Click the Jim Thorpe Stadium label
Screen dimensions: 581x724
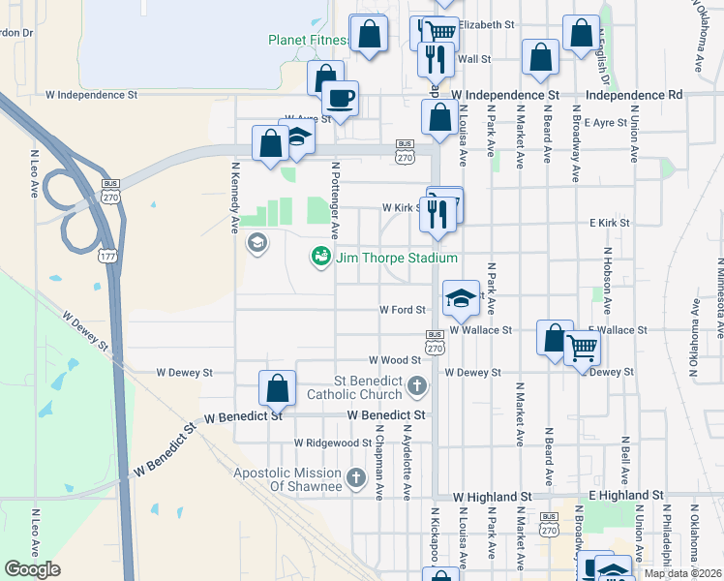pyautogui.click(x=396, y=258)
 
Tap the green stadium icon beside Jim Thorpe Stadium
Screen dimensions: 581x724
pyautogui.click(x=319, y=257)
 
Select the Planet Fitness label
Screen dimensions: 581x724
pyautogui.click(x=307, y=40)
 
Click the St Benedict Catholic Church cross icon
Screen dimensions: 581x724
pyautogui.click(x=416, y=387)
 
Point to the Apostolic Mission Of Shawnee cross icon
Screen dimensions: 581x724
pyautogui.click(x=355, y=476)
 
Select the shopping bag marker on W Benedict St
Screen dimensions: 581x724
pyautogui.click(x=278, y=388)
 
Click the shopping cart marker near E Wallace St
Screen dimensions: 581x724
pyautogui.click(x=581, y=346)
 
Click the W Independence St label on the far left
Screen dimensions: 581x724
pyautogui.click(x=91, y=96)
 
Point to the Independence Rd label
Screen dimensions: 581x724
pyautogui.click(x=634, y=95)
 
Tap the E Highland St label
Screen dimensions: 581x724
pyautogui.click(x=625, y=495)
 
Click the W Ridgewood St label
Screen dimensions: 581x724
pyautogui.click(x=333, y=443)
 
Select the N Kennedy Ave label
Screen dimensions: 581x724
pyautogui.click(x=234, y=197)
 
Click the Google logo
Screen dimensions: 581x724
pyautogui.click(x=32, y=569)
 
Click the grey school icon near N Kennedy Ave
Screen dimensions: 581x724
pyautogui.click(x=256, y=242)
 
